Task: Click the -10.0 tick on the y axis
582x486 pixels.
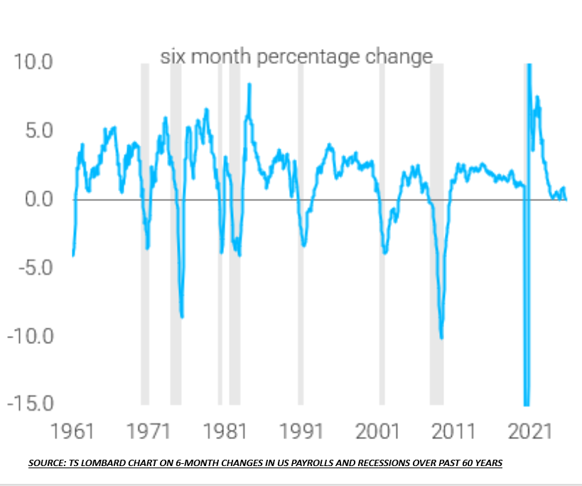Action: click(x=29, y=335)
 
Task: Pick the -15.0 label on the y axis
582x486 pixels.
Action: click(x=29, y=403)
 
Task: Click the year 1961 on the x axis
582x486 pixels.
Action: click(x=73, y=431)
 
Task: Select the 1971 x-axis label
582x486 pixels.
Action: click(x=148, y=431)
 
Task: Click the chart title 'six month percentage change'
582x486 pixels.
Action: click(x=296, y=56)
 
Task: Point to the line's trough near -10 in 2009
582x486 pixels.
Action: click(x=441, y=337)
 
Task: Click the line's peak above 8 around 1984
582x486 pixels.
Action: click(x=249, y=85)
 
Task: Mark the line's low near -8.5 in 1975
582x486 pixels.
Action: click(x=182, y=317)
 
